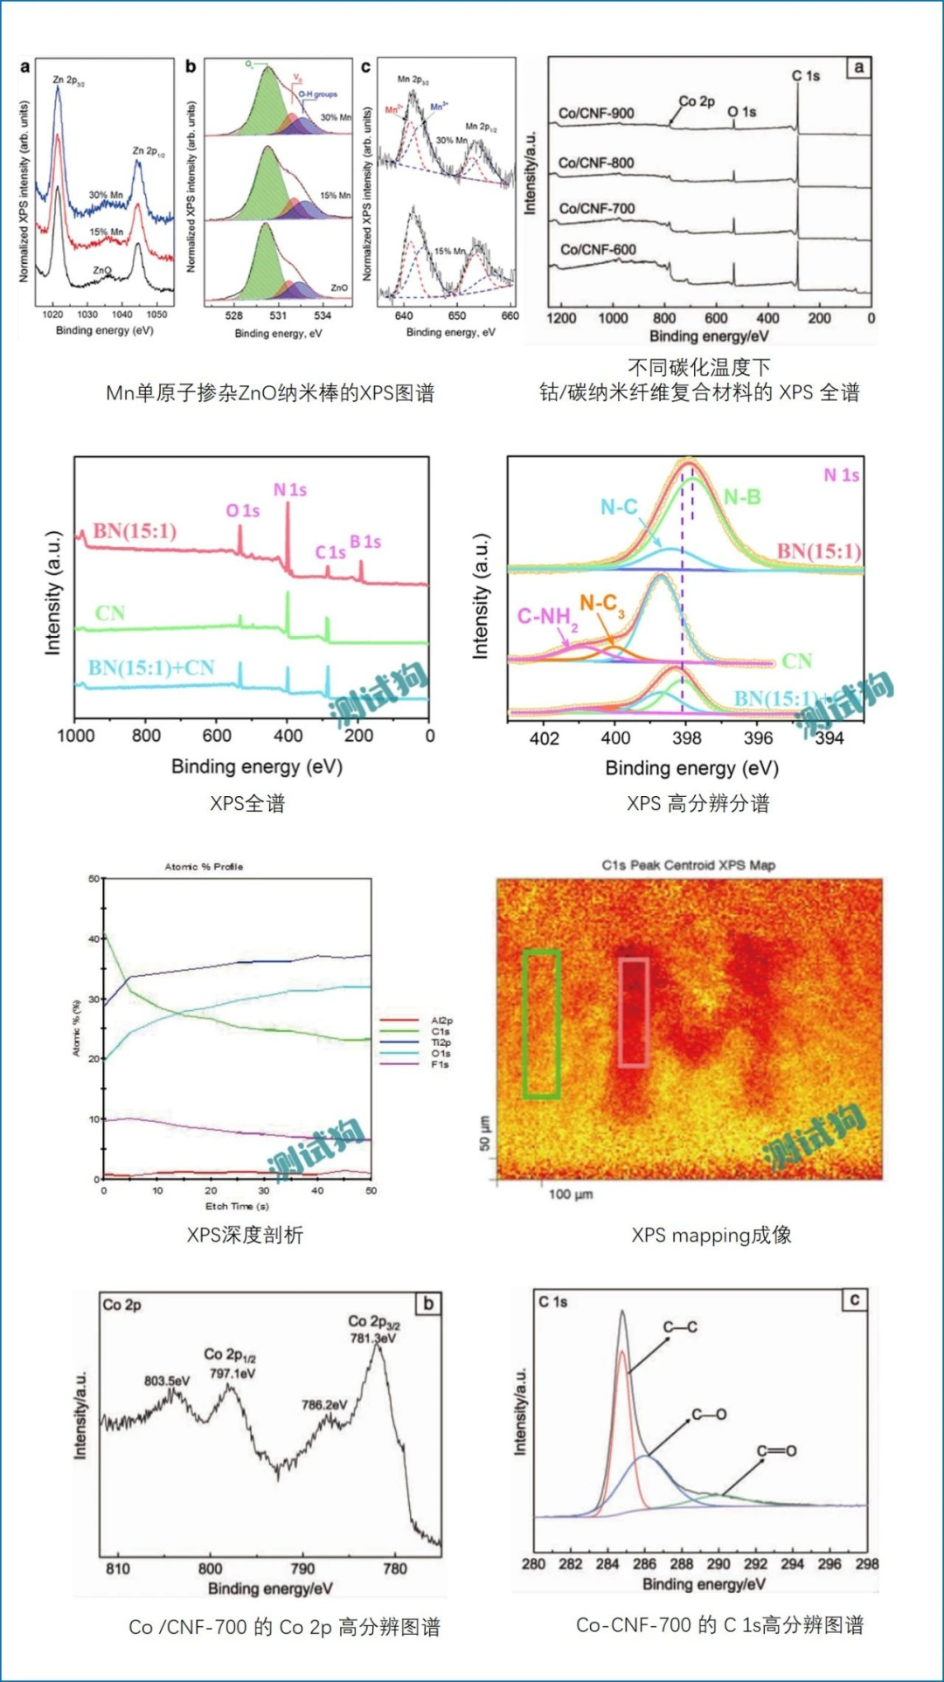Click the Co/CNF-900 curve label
(596, 113)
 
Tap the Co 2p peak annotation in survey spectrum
(697, 101)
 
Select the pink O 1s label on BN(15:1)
(242, 510)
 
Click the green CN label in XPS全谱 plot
(110, 613)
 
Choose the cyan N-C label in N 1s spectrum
(619, 507)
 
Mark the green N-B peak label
(742, 497)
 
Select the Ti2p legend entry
(441, 1042)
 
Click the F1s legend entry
(440, 1064)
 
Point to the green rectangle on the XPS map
(541, 1023)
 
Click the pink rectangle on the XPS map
(634, 1012)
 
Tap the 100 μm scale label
(571, 1194)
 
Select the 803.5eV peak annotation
(167, 1381)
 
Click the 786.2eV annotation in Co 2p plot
(324, 1405)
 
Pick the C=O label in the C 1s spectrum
(776, 1450)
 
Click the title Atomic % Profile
(204, 866)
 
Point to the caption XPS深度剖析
(245, 1235)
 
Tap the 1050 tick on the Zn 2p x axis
(156, 314)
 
